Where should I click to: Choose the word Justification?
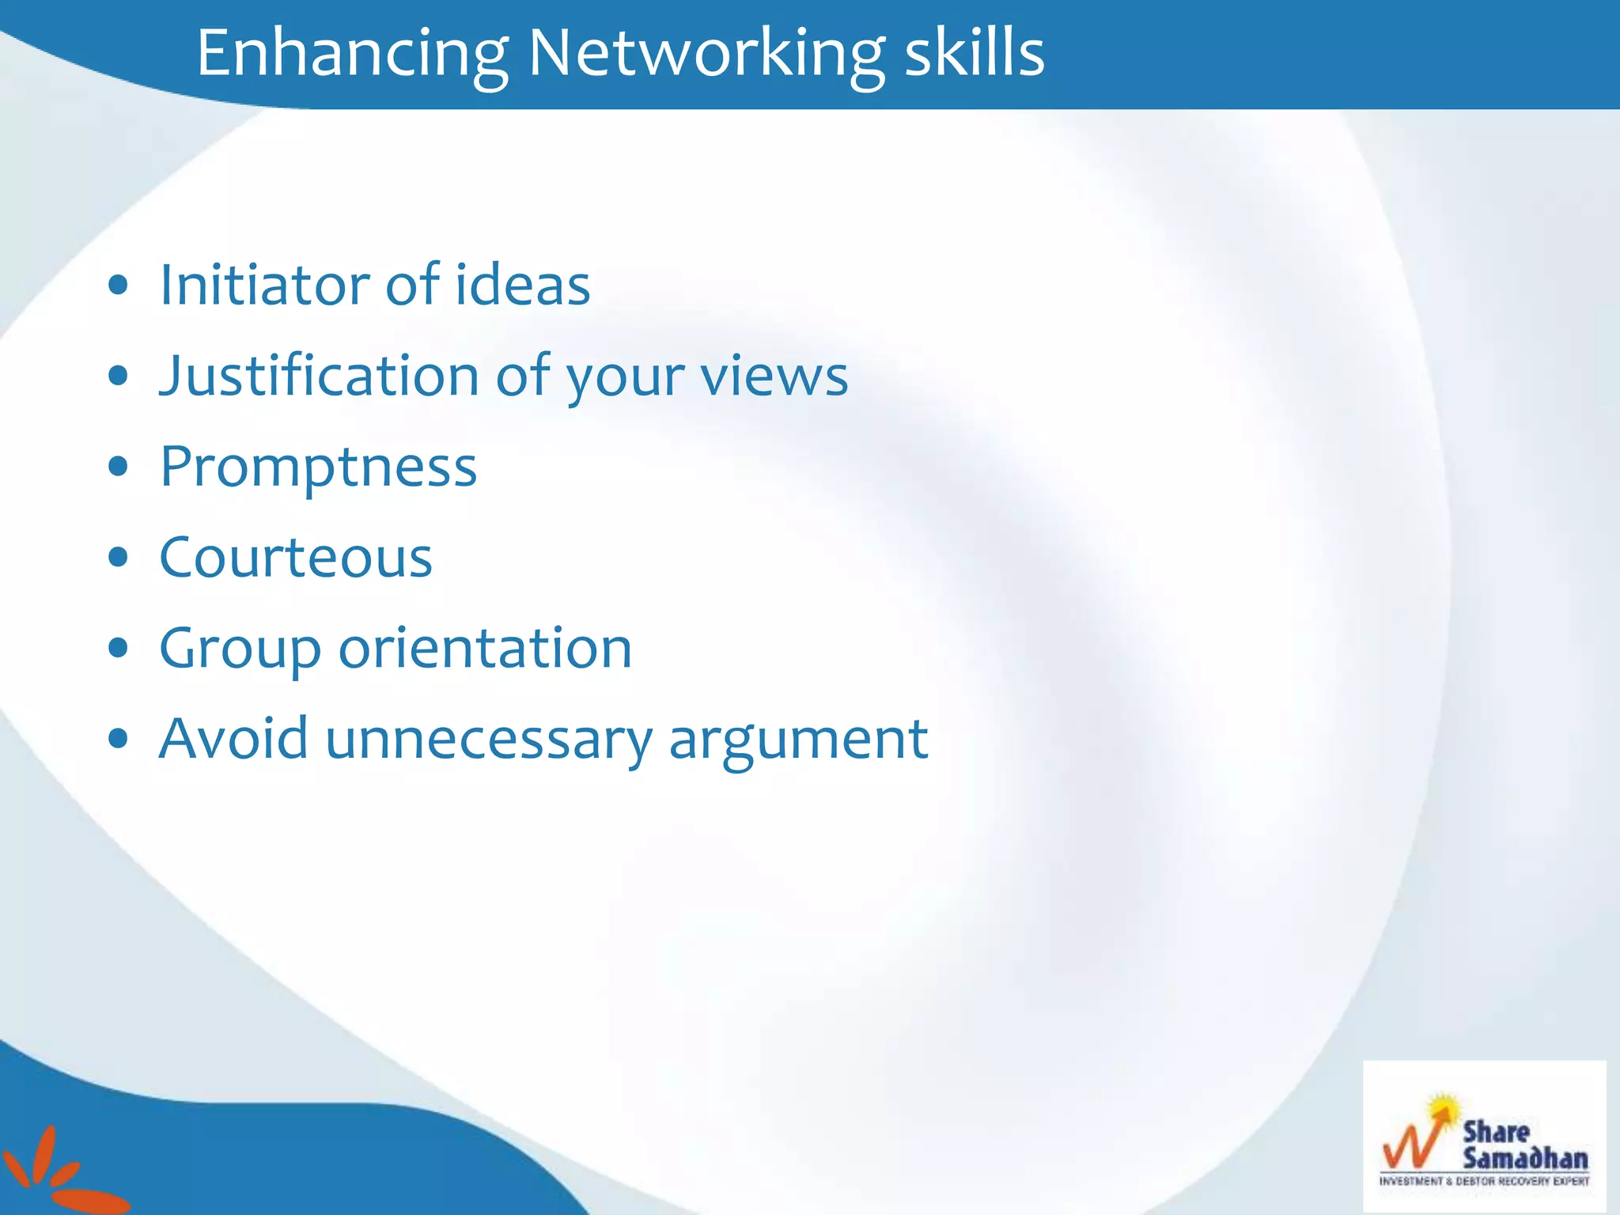[319, 377]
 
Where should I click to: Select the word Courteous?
[296, 558]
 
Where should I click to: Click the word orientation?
[485, 649]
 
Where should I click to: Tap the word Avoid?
[233, 739]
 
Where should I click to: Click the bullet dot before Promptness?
[119, 467]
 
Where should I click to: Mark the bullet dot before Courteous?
[119, 558]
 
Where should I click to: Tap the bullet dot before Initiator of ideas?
[119, 285]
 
